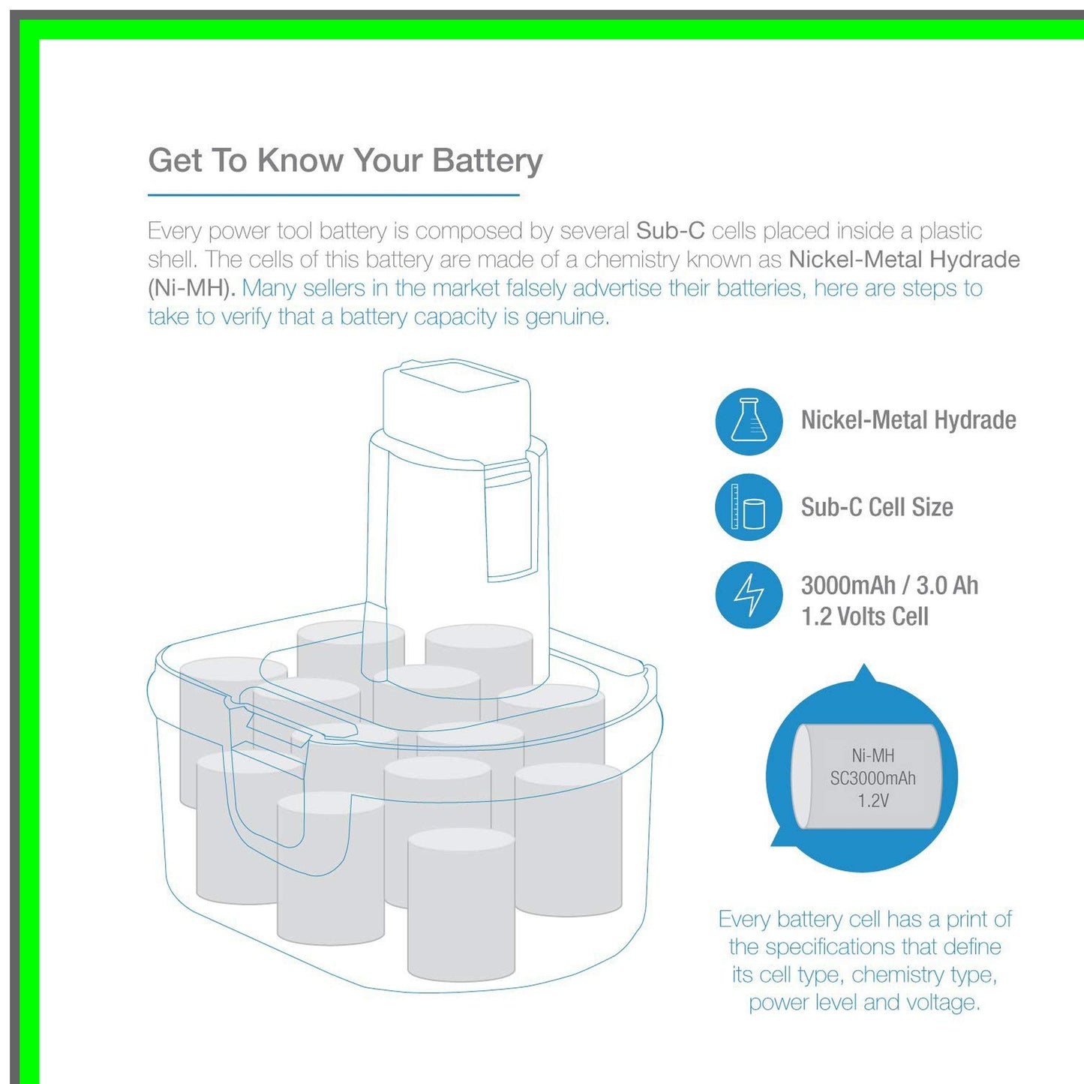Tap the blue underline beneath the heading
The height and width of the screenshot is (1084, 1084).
[333, 195]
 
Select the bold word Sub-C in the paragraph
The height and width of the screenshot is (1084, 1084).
[670, 231]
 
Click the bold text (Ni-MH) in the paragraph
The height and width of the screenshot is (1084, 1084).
[191, 288]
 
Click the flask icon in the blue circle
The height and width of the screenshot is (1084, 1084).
[749, 421]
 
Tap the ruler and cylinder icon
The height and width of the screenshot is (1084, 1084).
[749, 507]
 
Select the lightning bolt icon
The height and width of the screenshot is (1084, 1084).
[749, 595]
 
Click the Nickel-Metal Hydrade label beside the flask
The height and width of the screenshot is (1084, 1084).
[908, 420]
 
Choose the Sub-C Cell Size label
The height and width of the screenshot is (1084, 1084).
[876, 507]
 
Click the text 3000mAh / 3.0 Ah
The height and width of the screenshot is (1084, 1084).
[889, 585]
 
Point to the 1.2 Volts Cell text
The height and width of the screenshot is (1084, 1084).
[864, 617]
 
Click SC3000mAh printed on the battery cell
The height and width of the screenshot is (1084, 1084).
[872, 778]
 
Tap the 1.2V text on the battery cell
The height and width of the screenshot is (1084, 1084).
[872, 801]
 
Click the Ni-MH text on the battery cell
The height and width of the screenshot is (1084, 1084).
[872, 755]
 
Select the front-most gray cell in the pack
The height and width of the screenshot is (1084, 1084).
[461, 908]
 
